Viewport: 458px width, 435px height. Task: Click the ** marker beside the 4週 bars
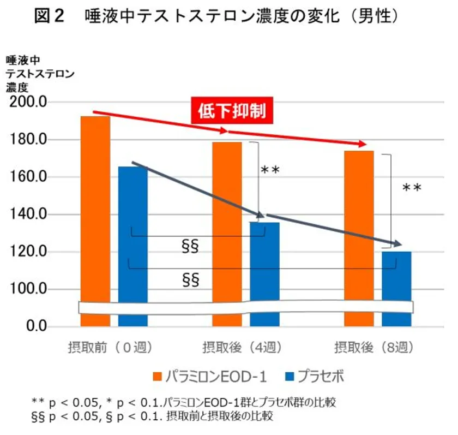coord(270,171)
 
